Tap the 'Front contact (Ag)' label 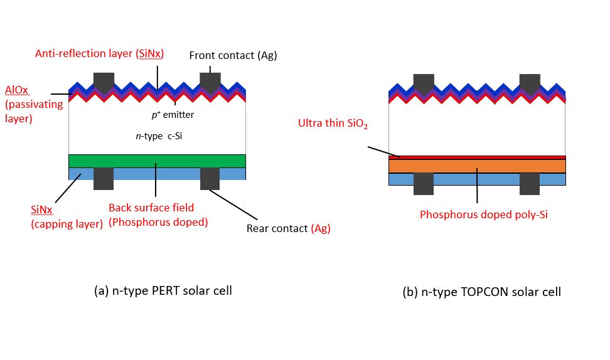(233, 56)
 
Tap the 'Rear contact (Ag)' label (288, 229)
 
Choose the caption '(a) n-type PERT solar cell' (163, 290)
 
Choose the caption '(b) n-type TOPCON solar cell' (481, 292)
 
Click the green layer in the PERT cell (157, 161)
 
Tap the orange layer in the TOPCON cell (477, 166)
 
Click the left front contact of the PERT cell (104, 82)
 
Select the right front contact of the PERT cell (210, 82)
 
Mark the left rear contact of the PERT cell (104, 178)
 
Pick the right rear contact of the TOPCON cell (530, 183)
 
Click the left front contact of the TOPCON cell (424, 83)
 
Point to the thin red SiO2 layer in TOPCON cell (477, 157)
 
